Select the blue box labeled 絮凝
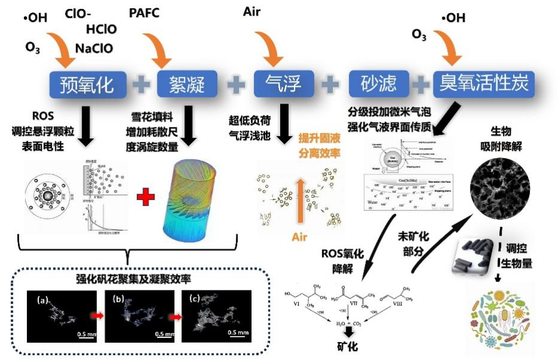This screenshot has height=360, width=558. click(187, 84)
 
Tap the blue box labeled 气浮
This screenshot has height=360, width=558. click(284, 84)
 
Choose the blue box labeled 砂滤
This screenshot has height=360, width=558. click(378, 84)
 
